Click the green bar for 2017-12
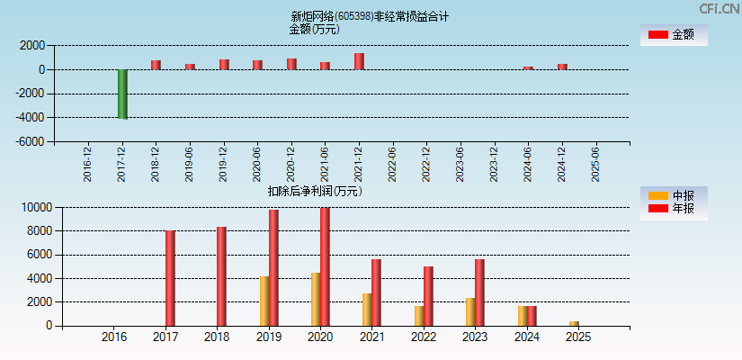click(122, 94)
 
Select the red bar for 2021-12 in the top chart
click(359, 61)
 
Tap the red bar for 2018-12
click(156, 65)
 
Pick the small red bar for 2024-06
click(528, 67)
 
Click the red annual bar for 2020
click(325, 266)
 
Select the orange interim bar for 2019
click(264, 301)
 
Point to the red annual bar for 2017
click(170, 278)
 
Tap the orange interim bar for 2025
click(574, 323)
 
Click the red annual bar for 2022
click(428, 296)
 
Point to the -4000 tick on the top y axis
click(31, 118)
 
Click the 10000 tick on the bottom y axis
click(35, 208)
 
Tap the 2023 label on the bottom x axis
click(475, 337)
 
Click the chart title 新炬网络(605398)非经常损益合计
click(370, 16)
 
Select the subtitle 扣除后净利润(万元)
click(314, 191)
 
